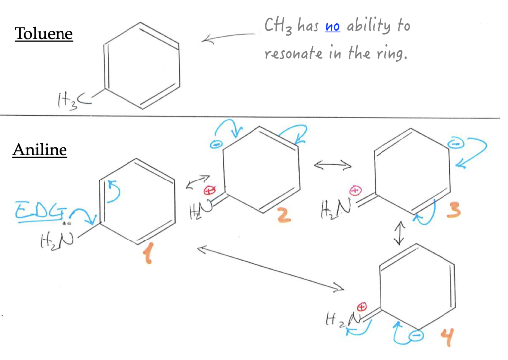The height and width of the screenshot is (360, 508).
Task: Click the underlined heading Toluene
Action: pos(44,34)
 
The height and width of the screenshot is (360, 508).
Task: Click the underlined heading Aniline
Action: pos(40,150)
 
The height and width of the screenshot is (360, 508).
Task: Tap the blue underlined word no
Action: pos(332,26)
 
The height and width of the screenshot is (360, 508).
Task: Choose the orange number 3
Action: pos(453,212)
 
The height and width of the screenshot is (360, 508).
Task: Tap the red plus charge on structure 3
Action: pos(355,190)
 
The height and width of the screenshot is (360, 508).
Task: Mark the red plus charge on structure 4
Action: pos(362,306)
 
